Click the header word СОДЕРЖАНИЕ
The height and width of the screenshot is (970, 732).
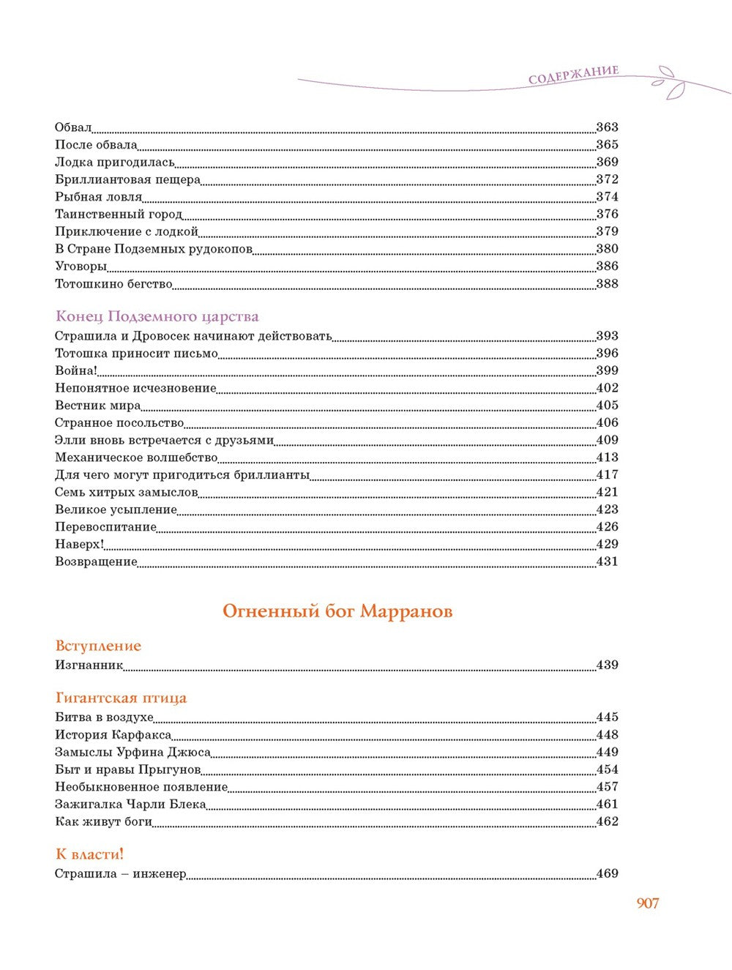[573, 75]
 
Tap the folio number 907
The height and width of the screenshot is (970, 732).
[648, 903]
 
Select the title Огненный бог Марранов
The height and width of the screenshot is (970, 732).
[337, 611]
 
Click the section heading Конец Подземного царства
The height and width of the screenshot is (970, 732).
[157, 316]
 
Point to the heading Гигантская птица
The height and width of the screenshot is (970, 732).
[121, 698]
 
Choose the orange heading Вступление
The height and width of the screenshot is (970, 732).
[98, 646]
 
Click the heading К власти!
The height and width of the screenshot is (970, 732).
[90, 854]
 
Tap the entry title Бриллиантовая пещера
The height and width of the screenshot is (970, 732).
[127, 179]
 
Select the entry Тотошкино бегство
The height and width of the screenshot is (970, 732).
[113, 284]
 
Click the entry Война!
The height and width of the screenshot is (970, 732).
[76, 370]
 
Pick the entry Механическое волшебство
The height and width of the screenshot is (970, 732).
[136, 458]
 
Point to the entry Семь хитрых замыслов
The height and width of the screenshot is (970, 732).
[126, 492]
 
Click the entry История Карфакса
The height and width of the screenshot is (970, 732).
[113, 734]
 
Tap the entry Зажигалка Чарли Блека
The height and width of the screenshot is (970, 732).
[130, 804]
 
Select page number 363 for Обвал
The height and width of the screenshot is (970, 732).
[607, 127]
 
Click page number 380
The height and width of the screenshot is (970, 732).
[607, 249]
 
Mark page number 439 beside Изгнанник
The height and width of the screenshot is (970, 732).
[607, 665]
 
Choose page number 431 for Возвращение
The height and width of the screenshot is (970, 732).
[607, 562]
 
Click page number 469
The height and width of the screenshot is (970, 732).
[607, 873]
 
